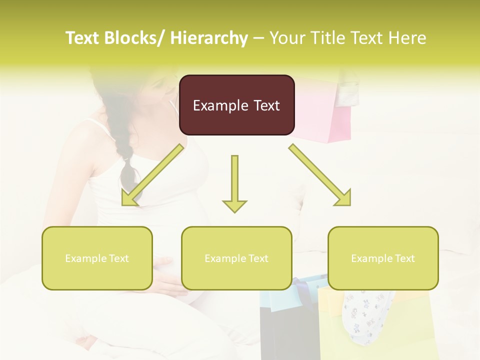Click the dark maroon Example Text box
236,105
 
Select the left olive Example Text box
97,258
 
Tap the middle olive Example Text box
236,258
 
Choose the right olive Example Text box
383,258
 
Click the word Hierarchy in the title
208,38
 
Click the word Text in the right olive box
404,258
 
